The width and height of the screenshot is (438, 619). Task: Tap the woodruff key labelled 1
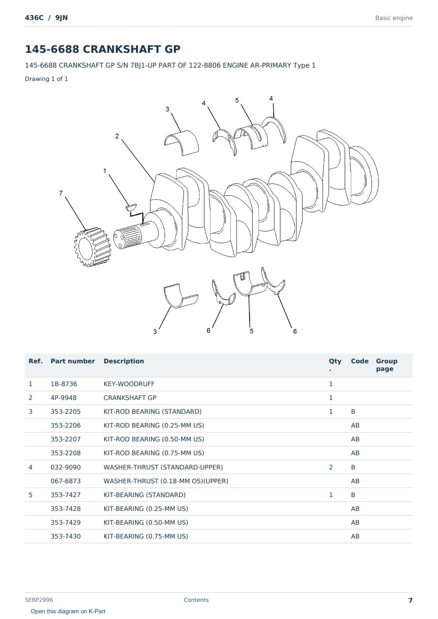pos(131,207)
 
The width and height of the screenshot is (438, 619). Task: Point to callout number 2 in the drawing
pos(117,136)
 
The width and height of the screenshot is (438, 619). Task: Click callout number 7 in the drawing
pos(61,193)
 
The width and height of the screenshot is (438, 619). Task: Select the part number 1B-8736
pos(64,384)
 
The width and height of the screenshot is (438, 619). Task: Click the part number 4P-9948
pos(64,398)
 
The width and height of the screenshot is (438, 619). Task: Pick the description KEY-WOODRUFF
pos(129,384)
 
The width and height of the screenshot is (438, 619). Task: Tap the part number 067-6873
pos(66,481)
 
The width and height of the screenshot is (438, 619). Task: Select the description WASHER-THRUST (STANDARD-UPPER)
pos(163,467)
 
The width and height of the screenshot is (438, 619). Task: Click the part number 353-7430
pos(66,536)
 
